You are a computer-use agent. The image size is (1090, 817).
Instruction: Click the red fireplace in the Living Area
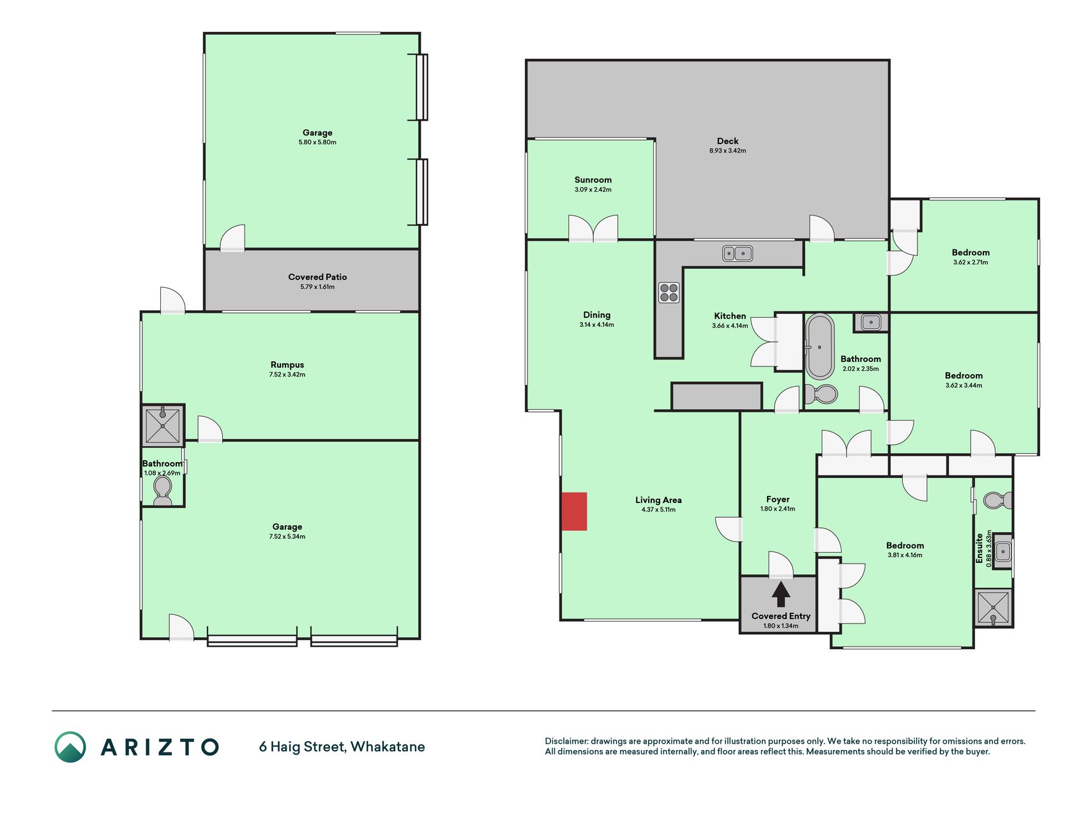[574, 511]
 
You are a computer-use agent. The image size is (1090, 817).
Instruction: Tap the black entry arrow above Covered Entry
[780, 594]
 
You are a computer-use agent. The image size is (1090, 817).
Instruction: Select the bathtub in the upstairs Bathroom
[819, 347]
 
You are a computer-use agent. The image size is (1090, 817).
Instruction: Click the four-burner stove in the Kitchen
[669, 292]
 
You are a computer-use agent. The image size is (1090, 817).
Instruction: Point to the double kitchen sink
[738, 253]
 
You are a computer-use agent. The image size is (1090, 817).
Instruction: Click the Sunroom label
[593, 180]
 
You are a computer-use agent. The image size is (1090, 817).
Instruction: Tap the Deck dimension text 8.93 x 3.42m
[727, 151]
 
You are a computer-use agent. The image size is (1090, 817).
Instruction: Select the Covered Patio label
[317, 277]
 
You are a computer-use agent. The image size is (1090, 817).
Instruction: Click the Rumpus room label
[287, 365]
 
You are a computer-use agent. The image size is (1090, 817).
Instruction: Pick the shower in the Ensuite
[994, 608]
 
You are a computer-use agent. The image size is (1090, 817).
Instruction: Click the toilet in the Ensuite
[997, 500]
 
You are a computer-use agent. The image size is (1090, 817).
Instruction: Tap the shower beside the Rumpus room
[163, 424]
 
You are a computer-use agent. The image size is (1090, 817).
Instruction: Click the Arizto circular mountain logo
[70, 747]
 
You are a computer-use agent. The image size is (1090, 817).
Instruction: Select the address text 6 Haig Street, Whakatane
[342, 747]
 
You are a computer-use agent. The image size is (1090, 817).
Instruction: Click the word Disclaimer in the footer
[566, 741]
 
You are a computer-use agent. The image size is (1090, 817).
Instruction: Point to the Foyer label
[778, 499]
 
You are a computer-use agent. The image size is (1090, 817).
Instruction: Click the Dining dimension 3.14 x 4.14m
[596, 325]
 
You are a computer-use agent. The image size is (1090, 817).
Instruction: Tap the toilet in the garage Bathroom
[163, 490]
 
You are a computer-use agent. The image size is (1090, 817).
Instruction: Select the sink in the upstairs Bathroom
[871, 322]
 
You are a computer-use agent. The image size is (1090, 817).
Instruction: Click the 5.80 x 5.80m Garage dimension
[317, 142]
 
